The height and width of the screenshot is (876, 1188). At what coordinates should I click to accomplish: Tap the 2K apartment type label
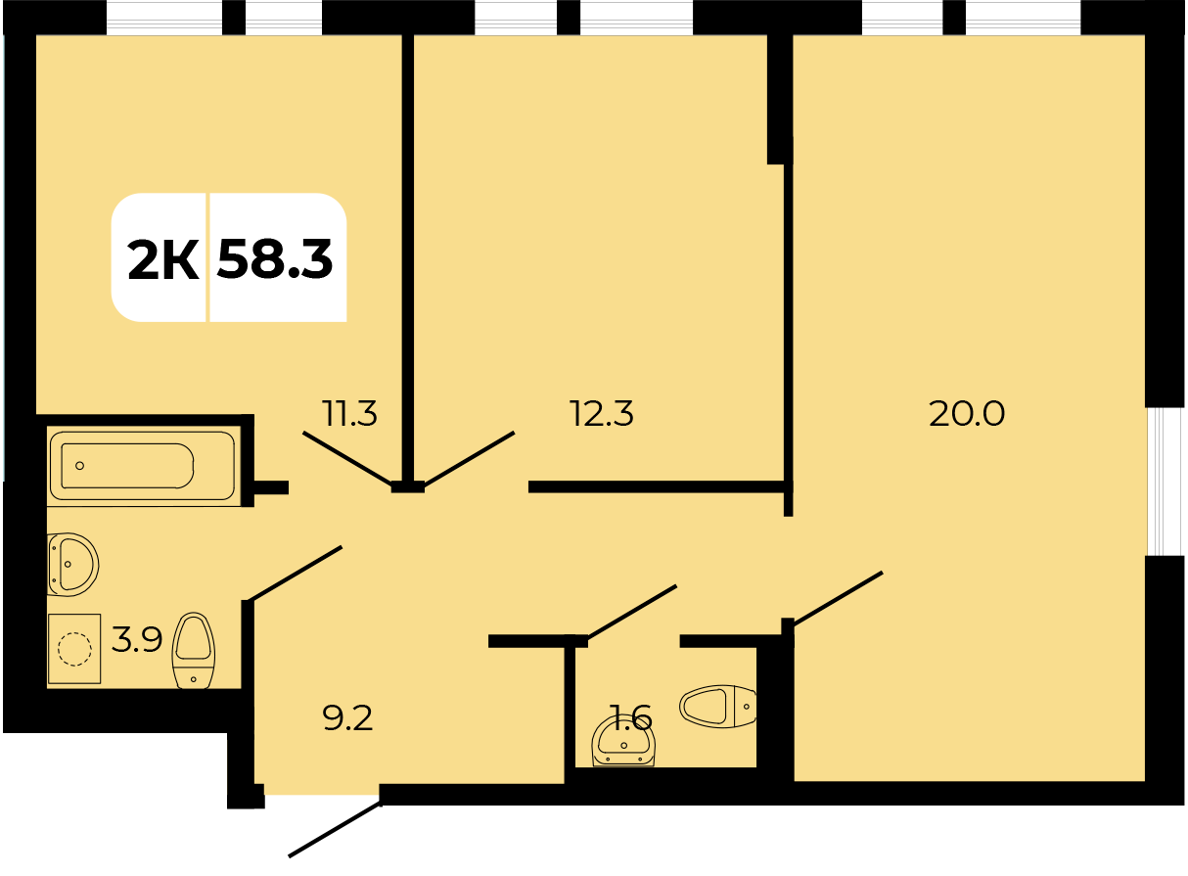[163, 259]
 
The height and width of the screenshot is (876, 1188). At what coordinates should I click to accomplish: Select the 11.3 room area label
[349, 413]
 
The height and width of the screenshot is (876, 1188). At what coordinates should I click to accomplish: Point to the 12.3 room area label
[602, 413]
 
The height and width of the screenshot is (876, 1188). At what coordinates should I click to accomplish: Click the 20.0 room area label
[967, 413]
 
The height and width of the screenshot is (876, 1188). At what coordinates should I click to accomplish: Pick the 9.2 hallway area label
[348, 717]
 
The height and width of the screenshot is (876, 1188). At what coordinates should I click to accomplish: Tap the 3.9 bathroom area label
[137, 639]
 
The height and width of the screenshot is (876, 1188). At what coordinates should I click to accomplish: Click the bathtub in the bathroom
[142, 466]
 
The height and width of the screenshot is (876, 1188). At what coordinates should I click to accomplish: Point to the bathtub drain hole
[79, 466]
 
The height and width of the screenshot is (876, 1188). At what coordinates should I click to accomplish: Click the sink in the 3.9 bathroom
[73, 565]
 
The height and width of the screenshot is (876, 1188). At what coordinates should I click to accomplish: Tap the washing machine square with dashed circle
[74, 648]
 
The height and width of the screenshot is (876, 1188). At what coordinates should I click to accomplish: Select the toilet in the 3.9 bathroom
[193, 651]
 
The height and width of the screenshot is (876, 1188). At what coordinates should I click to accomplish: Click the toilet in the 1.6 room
[717, 706]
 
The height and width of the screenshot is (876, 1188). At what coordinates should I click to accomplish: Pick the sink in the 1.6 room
[623, 741]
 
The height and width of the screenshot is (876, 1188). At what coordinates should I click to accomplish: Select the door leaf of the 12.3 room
[470, 458]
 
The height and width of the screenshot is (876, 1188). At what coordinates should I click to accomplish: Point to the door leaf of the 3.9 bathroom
[296, 574]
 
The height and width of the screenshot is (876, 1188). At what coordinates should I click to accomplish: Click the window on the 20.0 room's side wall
[1165, 482]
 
